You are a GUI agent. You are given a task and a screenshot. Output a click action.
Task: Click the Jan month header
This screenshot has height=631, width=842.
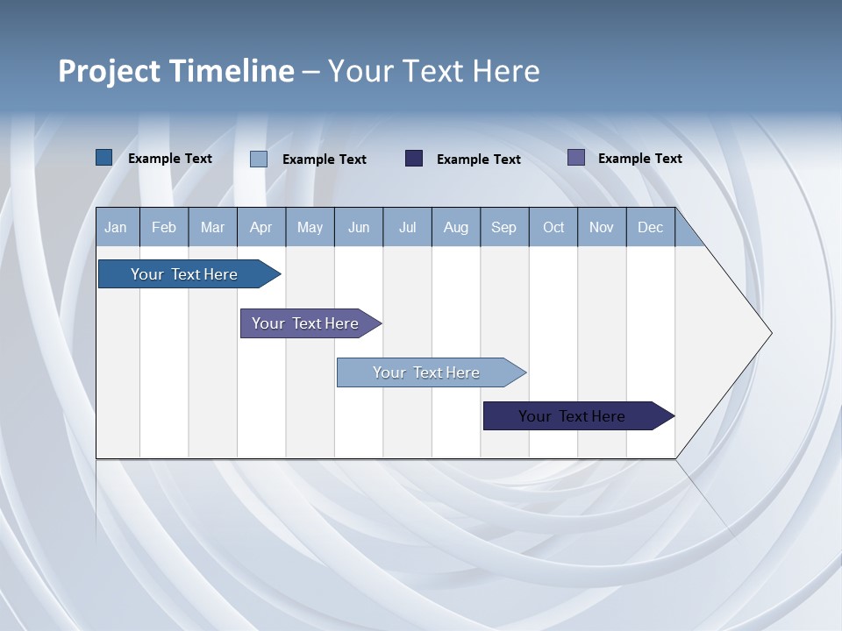pyautogui.click(x=116, y=228)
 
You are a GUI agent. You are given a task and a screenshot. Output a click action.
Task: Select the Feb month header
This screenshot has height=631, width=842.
pyautogui.click(x=164, y=228)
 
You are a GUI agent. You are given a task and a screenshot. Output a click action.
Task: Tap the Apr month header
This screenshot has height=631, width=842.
pyautogui.click(x=260, y=228)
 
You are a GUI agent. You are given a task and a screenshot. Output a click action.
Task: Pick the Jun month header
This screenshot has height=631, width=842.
pyautogui.click(x=359, y=228)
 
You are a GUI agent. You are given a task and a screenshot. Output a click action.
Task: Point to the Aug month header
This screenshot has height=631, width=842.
pyautogui.click(x=455, y=228)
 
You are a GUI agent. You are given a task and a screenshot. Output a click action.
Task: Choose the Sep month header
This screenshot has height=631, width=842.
pyautogui.click(x=503, y=228)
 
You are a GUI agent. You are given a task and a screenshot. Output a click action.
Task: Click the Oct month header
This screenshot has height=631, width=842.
pyautogui.click(x=553, y=228)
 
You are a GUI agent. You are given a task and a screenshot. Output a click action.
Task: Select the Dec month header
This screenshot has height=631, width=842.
pyautogui.click(x=650, y=228)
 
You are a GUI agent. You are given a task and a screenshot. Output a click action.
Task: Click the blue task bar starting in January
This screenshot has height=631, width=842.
pyautogui.click(x=184, y=274)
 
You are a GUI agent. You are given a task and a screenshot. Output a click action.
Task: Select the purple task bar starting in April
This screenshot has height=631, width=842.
pyautogui.click(x=305, y=323)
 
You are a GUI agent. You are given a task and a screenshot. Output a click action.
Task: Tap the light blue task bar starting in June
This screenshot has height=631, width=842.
pyautogui.click(x=426, y=372)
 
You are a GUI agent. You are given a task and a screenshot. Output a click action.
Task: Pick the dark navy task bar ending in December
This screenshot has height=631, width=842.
pyautogui.click(x=572, y=416)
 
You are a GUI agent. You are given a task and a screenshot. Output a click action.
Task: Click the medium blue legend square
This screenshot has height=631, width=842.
pyautogui.click(x=104, y=158)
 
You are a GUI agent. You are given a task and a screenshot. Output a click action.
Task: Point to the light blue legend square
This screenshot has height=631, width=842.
pyautogui.click(x=259, y=159)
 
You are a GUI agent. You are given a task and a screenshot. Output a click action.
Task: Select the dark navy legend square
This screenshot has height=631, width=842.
pyautogui.click(x=414, y=159)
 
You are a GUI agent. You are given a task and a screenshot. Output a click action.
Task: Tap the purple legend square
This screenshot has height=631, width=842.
pyautogui.click(x=576, y=158)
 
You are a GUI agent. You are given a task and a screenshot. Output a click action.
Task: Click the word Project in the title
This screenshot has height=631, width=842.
pyautogui.click(x=109, y=71)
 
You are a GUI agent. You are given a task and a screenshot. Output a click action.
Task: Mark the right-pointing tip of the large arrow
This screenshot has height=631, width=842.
pyautogui.click(x=770, y=333)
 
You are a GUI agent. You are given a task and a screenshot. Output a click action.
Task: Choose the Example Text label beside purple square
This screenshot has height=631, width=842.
pyautogui.click(x=639, y=159)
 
